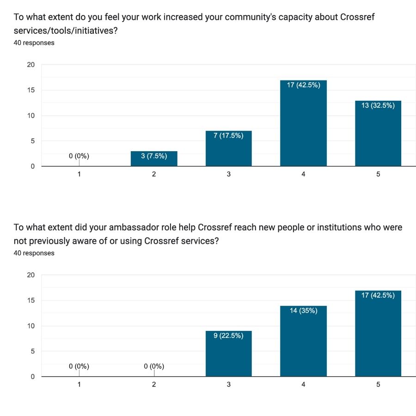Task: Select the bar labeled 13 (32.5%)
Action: (x=378, y=134)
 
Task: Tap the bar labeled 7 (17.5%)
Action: (x=228, y=149)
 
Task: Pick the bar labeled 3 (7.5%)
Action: (x=153, y=159)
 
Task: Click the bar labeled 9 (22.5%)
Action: (x=228, y=354)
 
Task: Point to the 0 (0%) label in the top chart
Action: (x=79, y=156)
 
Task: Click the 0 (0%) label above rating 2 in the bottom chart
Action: (x=154, y=367)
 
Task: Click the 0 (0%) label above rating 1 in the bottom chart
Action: (x=79, y=367)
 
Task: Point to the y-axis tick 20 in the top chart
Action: (x=31, y=65)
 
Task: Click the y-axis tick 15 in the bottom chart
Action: (x=31, y=300)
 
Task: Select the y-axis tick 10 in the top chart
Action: (x=31, y=116)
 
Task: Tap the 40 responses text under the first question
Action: (x=34, y=43)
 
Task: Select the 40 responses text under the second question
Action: (x=34, y=253)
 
